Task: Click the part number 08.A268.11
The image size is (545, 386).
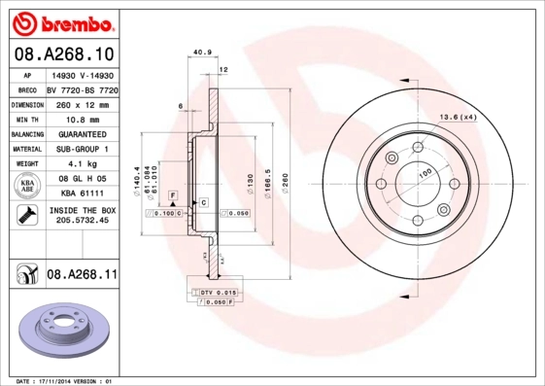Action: pyautogui.click(x=82, y=275)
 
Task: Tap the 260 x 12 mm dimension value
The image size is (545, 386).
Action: pyautogui.click(x=82, y=102)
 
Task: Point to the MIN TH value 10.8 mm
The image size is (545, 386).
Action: pyautogui.click(x=82, y=117)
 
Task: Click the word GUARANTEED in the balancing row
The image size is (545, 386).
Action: pyautogui.click(x=82, y=132)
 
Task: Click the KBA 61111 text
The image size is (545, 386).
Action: pyautogui.click(x=82, y=193)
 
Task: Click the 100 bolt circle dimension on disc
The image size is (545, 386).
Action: pyautogui.click(x=425, y=173)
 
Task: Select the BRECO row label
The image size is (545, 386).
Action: pyautogui.click(x=25, y=88)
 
